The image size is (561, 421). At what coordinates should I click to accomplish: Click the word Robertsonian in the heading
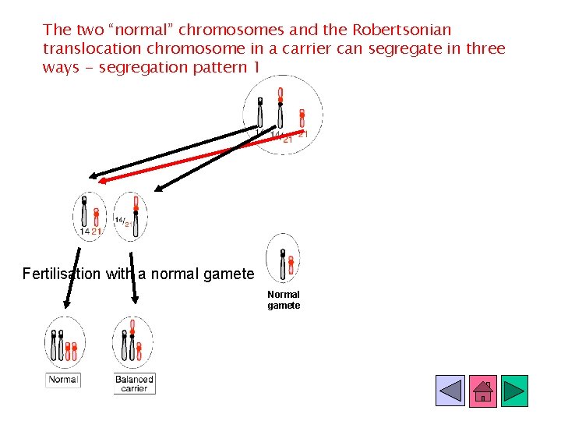401,30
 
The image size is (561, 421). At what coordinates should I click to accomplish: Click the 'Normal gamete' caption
284,300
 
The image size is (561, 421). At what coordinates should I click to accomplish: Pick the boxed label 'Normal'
63,380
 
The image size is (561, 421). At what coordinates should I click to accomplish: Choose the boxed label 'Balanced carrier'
134,384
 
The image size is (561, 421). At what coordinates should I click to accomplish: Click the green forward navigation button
514,391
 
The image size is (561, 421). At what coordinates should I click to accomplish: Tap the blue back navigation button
450,391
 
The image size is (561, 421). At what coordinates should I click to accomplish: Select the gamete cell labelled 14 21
90,216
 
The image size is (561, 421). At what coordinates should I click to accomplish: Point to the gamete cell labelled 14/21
130,216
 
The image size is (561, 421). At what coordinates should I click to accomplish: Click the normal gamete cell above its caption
283,257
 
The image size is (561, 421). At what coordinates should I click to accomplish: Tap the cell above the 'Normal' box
64,343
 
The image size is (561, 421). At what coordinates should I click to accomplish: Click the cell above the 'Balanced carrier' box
132,342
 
